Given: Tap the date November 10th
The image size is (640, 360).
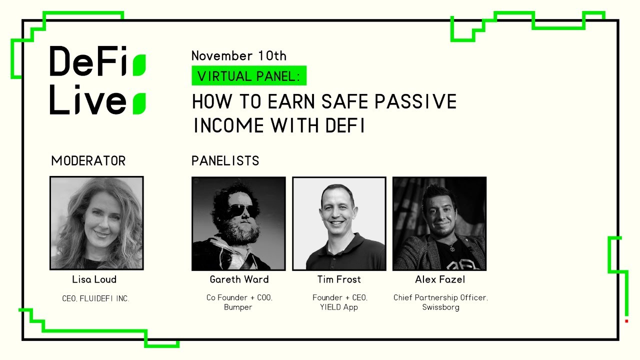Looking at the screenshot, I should point(238,55).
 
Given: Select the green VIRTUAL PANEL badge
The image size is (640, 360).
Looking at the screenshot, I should point(248,76).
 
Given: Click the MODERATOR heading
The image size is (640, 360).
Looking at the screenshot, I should point(88,161).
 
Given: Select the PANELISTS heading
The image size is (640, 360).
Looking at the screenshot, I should point(225,161).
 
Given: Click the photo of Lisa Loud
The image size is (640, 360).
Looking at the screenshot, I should point(96,223).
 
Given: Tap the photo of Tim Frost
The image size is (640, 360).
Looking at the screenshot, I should point(339,223).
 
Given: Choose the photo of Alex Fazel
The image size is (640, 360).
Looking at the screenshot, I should point(439,223).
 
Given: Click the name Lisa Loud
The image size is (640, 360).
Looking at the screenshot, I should point(94,279).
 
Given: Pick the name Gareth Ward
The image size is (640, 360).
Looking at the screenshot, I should point(239,279).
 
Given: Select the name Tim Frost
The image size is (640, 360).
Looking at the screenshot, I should point(339,279).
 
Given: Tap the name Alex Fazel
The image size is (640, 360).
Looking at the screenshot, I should point(440,279).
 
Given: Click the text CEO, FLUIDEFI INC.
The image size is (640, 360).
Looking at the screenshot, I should point(95,298).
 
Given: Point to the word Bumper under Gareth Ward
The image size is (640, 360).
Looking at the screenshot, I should point(238,307).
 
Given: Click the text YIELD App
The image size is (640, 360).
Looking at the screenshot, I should point(339,307).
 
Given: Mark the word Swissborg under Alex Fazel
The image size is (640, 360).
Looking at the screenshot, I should point(440,307).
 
